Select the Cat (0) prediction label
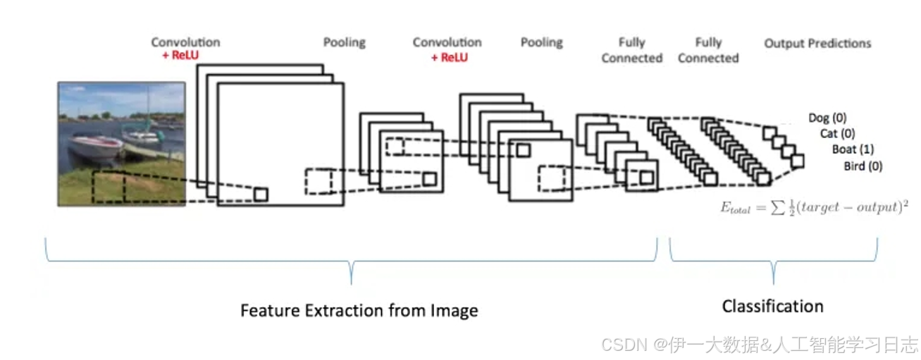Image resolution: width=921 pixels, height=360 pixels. [837, 133]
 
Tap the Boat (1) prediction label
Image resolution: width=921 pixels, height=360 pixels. [853, 149]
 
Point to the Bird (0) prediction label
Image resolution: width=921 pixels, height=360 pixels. [863, 166]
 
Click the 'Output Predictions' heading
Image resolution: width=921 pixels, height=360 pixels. [817, 44]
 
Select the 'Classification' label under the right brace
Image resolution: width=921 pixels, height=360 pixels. [772, 306]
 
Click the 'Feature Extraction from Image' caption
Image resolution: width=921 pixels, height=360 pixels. [359, 311]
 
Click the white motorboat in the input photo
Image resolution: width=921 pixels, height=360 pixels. [95, 147]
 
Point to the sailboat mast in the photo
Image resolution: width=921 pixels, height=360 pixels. [148, 106]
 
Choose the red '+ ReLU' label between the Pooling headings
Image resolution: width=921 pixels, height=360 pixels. [449, 58]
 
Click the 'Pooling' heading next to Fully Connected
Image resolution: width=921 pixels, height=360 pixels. [541, 43]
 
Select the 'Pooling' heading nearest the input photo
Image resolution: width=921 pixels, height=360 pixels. [344, 43]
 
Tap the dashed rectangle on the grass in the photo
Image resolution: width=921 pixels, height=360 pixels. [109, 187]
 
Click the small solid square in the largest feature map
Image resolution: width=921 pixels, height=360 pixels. [261, 194]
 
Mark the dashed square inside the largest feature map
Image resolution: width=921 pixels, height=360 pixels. [318, 181]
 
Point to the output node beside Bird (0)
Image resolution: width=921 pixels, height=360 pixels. [797, 161]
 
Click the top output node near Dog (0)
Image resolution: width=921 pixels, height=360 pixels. [769, 133]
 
